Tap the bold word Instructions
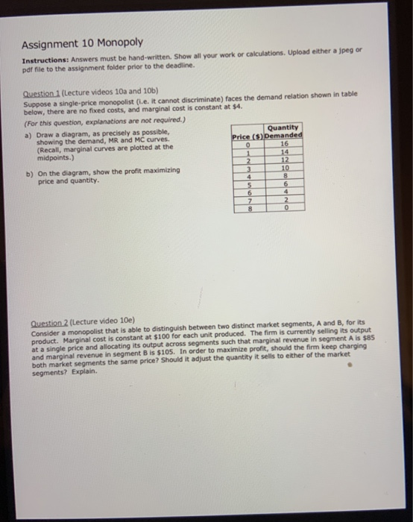coord(44,57)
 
